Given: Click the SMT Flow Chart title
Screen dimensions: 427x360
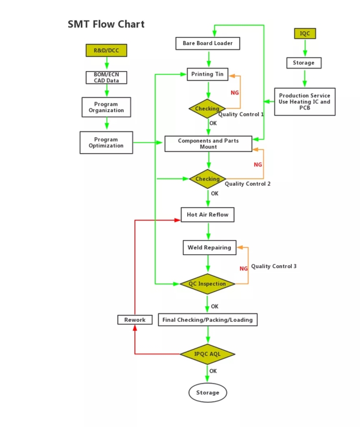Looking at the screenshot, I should pyautogui.click(x=106, y=24).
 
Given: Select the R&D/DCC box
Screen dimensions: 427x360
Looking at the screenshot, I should pyautogui.click(x=106, y=50).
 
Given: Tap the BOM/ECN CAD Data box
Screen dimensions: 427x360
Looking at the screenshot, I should pyautogui.click(x=106, y=77).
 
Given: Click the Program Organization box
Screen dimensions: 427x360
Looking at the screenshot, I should pyautogui.click(x=106, y=107).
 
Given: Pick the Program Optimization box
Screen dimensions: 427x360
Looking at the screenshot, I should pyautogui.click(x=106, y=142).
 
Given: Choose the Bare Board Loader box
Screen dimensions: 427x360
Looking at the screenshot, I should pyautogui.click(x=207, y=44).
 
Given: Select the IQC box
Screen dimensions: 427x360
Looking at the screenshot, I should pyautogui.click(x=305, y=34).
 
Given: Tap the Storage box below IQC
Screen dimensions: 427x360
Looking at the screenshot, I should pyautogui.click(x=304, y=63).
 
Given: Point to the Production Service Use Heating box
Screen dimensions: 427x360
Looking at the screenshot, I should pyautogui.click(x=305, y=102).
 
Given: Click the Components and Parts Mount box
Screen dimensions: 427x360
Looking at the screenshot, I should pyautogui.click(x=208, y=143).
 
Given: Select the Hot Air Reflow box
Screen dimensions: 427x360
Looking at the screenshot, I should pyautogui.click(x=207, y=215).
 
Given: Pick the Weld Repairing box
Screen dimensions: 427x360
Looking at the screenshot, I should pyautogui.click(x=209, y=248).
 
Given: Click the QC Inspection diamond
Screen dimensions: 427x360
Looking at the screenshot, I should pyautogui.click(x=207, y=284).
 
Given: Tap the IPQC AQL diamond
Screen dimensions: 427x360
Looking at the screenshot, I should pyautogui.click(x=207, y=354).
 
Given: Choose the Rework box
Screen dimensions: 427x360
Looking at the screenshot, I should pyautogui.click(x=135, y=320).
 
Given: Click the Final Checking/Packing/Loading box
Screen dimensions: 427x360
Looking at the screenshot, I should pyautogui.click(x=207, y=320).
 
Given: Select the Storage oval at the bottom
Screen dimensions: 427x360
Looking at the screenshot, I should pyautogui.click(x=207, y=392).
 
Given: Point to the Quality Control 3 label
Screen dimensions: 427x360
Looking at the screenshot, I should pyautogui.click(x=274, y=266).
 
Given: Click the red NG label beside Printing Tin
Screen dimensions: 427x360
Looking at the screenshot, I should pyautogui.click(x=235, y=92).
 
